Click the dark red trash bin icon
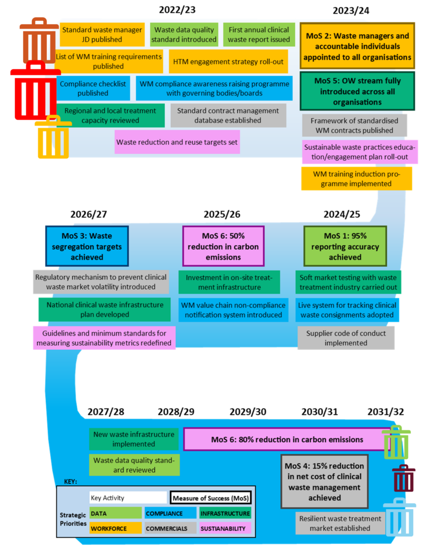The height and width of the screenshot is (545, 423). (404, 478)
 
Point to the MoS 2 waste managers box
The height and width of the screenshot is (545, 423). (357, 46)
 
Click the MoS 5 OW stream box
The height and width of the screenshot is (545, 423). (357, 91)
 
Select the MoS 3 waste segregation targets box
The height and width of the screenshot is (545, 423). (86, 246)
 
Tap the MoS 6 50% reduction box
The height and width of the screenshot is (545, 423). (223, 246)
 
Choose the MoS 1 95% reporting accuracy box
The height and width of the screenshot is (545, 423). (345, 246)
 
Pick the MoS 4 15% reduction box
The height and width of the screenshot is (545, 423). (324, 481)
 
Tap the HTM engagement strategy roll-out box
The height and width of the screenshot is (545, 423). (228, 62)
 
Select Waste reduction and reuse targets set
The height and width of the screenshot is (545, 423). (177, 142)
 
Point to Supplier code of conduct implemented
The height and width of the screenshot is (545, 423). (346, 338)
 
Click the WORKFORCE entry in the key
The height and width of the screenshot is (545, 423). (115, 529)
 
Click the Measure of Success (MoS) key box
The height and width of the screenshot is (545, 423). (210, 498)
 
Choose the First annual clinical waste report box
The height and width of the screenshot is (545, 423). (259, 35)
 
